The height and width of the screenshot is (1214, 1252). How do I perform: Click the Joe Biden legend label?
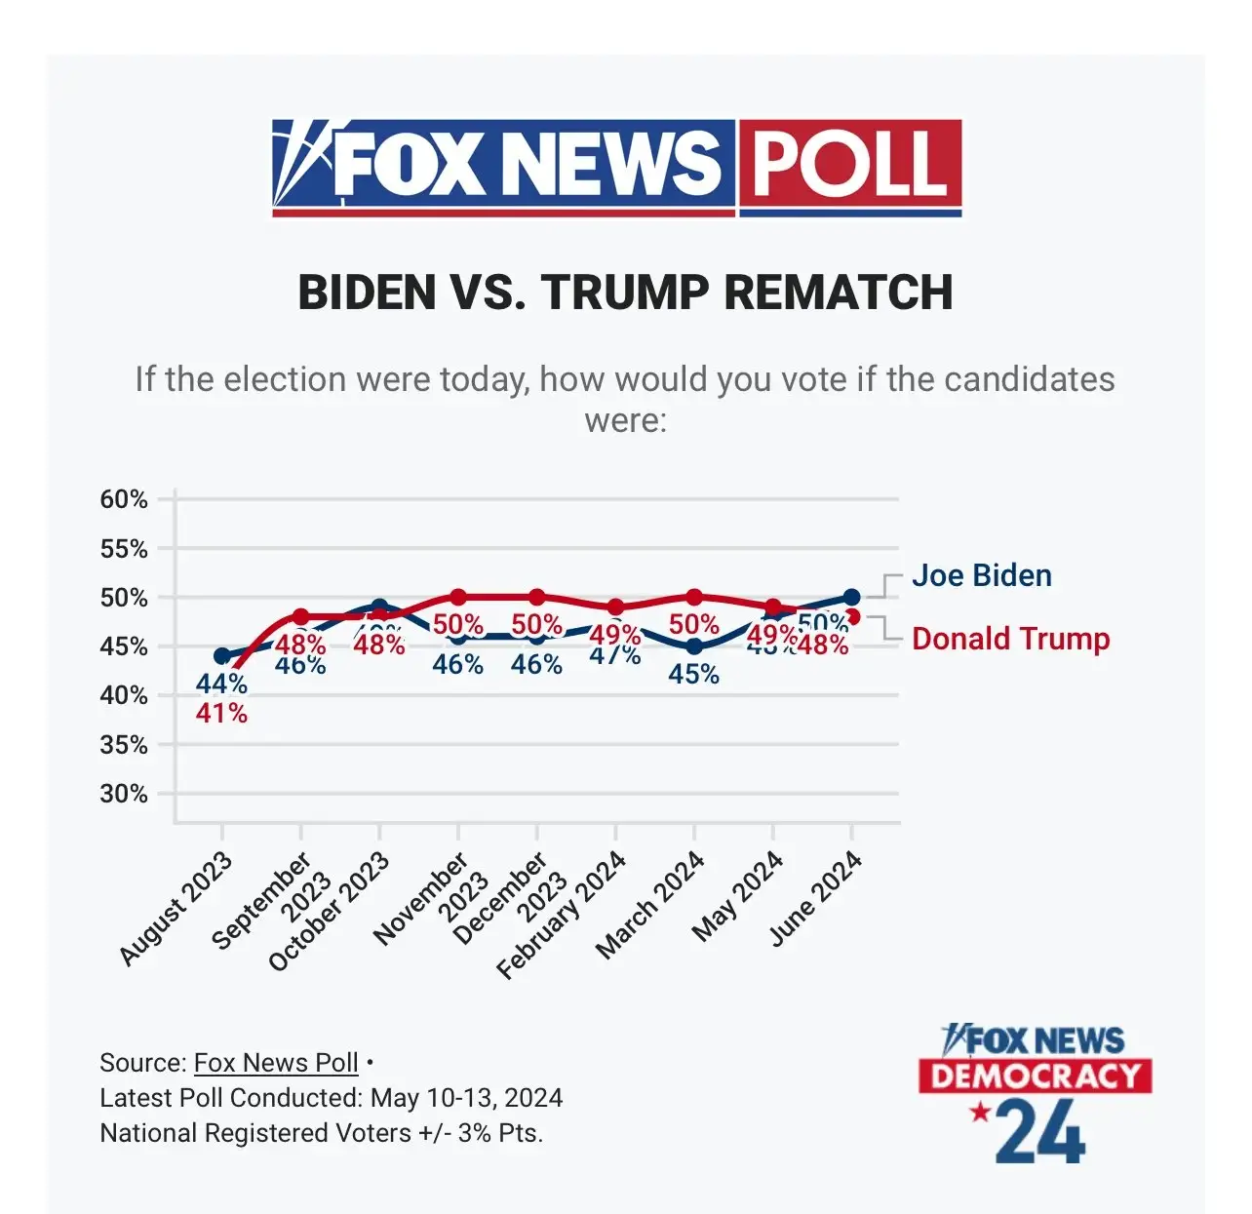coord(981,575)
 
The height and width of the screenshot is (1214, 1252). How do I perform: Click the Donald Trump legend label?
coord(1010,639)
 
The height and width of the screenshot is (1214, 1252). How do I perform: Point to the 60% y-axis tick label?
coord(124,499)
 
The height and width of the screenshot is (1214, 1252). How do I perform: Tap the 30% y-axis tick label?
coord(124,794)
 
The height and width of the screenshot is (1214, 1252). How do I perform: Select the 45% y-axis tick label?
coord(124,646)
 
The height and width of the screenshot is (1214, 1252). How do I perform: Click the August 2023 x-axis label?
coord(176,908)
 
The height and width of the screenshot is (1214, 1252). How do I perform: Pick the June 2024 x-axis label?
coord(816,898)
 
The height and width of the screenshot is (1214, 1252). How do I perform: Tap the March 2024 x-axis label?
coord(650,905)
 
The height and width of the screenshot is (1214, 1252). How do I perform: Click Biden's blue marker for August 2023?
coord(222,656)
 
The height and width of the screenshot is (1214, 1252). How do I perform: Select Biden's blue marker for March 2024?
coord(694,646)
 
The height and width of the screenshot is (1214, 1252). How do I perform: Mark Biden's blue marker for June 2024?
coord(851,597)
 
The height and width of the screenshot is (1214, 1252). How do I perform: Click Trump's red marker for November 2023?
coord(458,597)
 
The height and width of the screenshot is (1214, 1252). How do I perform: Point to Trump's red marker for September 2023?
coord(301,616)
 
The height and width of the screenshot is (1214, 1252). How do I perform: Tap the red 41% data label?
coord(221,714)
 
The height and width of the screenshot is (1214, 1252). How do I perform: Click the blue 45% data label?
coord(693,674)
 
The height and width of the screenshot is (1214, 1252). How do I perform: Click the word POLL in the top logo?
coord(849,164)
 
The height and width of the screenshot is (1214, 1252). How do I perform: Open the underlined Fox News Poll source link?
coord(276,1062)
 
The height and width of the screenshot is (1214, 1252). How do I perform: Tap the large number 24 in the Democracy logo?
coord(1041,1131)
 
